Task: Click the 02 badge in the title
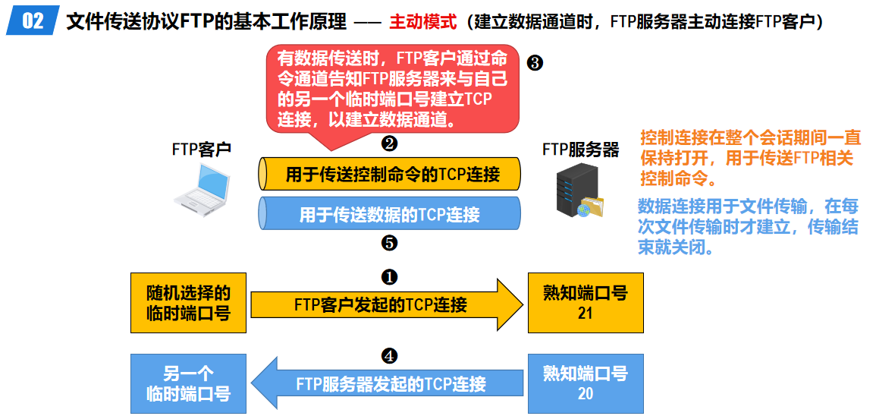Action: tap(32, 20)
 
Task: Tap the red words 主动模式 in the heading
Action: tap(423, 21)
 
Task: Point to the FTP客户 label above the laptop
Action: tap(201, 149)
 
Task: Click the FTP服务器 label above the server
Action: tap(580, 149)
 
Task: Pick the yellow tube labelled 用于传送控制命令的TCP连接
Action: tap(390, 174)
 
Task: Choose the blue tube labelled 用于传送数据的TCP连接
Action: tap(390, 213)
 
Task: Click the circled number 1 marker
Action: tap(389, 277)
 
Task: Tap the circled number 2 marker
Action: tap(389, 143)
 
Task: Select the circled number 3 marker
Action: tap(534, 63)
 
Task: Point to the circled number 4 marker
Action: tap(389, 355)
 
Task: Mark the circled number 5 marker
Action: tap(389, 243)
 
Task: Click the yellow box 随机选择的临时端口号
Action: tap(188, 302)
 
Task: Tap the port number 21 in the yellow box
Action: tap(585, 313)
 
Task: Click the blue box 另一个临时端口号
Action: tap(188, 383)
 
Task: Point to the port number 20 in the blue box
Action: tap(585, 393)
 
